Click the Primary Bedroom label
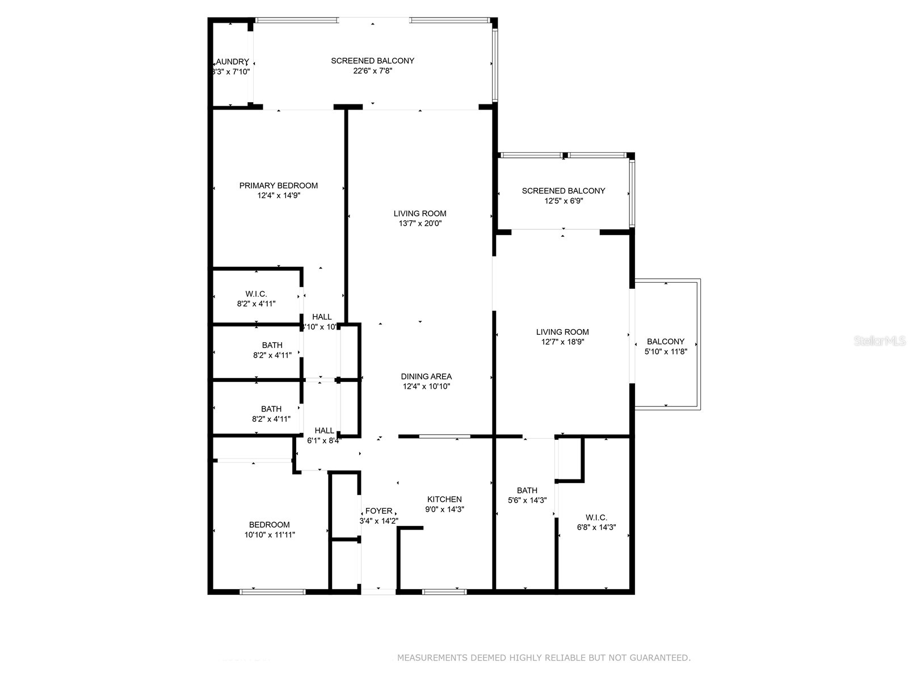pos(278,186)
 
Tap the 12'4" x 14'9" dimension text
pos(278,196)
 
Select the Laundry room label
pos(232,62)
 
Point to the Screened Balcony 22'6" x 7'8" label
pos(373,61)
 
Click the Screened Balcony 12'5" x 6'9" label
pos(564,191)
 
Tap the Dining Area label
pos(426,376)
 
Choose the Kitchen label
pos(444,499)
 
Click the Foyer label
pos(379,511)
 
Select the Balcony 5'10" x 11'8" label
pos(666,342)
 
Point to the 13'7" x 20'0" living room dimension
pos(420,224)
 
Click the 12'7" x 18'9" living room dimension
pos(562,342)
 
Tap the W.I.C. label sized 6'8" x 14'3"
pos(596,518)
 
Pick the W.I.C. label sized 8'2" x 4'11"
pos(257,294)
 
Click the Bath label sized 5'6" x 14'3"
pos(527,490)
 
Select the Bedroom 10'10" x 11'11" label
pos(270,525)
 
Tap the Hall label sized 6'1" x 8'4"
pos(325,431)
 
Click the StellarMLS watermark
pos(880,341)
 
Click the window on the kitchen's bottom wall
pos(444,592)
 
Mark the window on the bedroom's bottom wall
pos(272,592)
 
